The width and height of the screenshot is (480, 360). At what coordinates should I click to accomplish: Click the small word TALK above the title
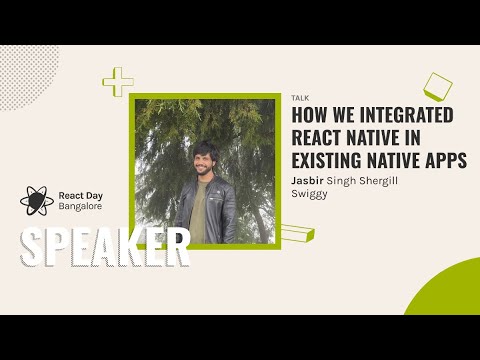pos(299,98)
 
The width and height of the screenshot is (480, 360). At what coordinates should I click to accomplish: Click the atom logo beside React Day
pos(37,201)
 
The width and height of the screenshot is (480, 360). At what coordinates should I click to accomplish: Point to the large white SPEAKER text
pos(104,248)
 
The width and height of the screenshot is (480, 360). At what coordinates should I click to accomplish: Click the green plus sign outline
pos(119,82)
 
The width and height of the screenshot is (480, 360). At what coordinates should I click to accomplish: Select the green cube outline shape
pos(437,87)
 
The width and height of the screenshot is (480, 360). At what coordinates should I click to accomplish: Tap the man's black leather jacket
pos(222,210)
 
